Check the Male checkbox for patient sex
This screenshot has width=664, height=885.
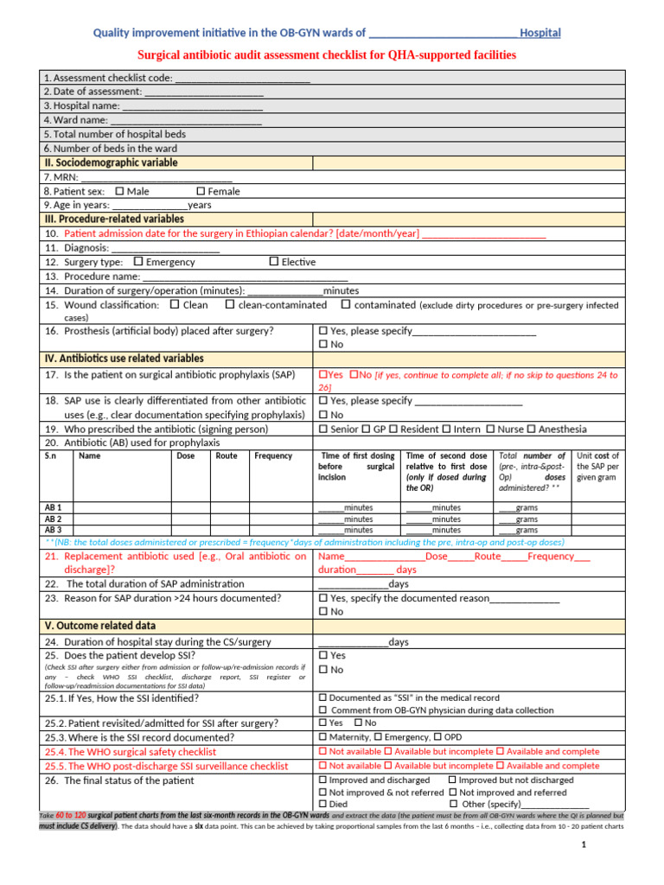119,191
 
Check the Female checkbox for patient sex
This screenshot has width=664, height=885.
201,191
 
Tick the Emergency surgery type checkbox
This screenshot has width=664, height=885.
138,262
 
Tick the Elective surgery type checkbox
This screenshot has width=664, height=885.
274,262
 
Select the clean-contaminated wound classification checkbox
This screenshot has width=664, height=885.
230,305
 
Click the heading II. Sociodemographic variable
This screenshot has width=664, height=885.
111,162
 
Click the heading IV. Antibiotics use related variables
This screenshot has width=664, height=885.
124,358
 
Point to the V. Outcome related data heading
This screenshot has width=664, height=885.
99,626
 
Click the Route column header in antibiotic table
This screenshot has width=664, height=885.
227,456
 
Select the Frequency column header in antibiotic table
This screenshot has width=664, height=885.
273,456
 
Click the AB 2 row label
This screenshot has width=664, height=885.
53,519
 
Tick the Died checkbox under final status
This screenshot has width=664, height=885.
323,804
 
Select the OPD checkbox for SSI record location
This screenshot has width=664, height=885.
438,737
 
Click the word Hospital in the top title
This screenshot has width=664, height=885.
541,33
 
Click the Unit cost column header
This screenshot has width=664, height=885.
598,466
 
